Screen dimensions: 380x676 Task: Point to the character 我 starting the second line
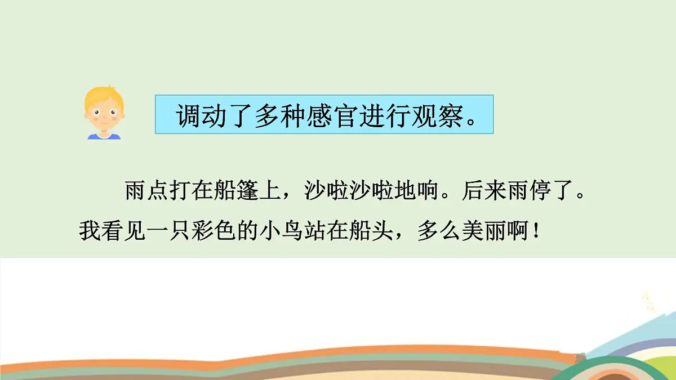(x=90, y=230)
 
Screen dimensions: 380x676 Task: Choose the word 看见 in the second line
(x=124, y=230)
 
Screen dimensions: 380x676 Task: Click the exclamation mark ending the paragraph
(x=536, y=230)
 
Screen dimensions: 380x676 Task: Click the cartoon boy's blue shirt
(x=104, y=136)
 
